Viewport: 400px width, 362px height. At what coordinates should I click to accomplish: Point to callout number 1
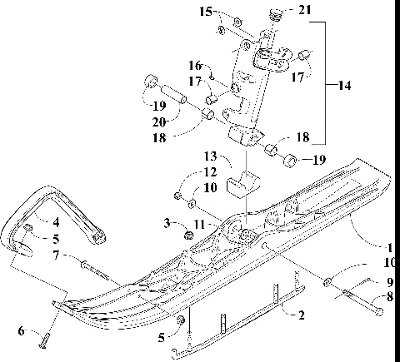tap(390, 246)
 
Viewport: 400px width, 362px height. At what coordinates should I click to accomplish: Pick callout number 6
tap(21, 331)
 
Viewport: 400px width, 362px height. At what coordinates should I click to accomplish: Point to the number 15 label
tap(205, 12)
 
